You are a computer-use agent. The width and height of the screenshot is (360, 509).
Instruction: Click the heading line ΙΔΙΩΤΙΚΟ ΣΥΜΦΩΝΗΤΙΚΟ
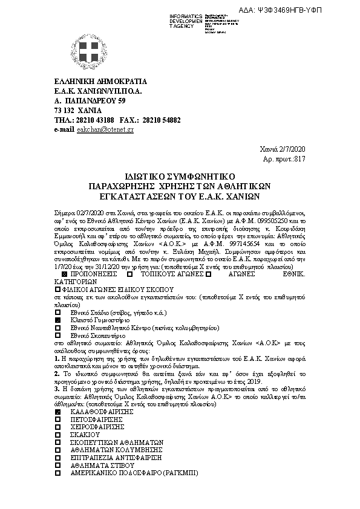pyautogui.click(x=179, y=175)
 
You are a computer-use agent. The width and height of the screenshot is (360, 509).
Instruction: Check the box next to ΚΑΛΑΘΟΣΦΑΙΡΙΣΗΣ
pyautogui.click(x=57, y=411)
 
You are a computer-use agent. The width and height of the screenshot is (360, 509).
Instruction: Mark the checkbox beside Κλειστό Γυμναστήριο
pyautogui.click(x=57, y=319)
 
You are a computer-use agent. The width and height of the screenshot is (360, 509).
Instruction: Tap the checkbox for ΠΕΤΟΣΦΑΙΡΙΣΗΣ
pyautogui.click(x=57, y=419)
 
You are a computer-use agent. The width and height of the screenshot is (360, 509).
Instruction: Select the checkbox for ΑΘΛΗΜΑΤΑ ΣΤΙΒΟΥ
pyautogui.click(x=57, y=466)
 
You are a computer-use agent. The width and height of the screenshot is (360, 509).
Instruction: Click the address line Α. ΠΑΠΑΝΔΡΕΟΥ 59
pyautogui.click(x=90, y=100)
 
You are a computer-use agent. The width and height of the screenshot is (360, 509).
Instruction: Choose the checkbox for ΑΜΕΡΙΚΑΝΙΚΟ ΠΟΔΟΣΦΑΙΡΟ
pyautogui.click(x=57, y=474)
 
